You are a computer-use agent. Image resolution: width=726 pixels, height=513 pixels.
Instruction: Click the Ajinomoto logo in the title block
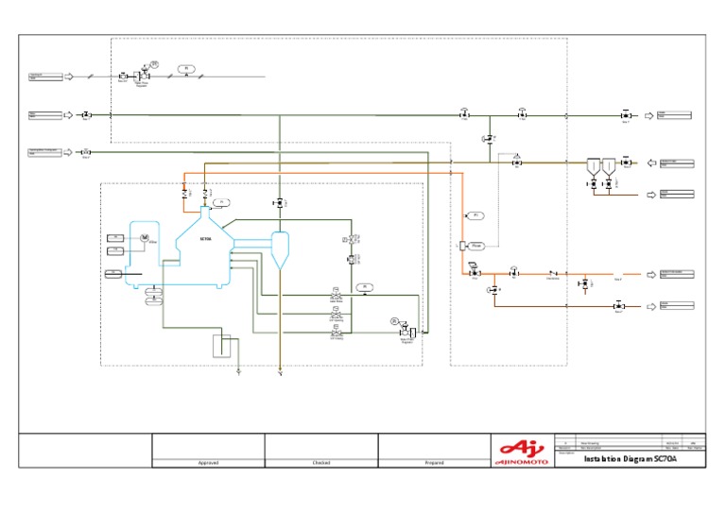point(522,450)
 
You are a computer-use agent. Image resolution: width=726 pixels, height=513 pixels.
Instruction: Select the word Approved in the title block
point(208,463)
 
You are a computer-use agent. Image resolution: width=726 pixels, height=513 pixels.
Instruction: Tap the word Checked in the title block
point(320,463)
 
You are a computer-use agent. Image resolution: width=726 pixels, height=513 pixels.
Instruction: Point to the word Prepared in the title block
point(434,463)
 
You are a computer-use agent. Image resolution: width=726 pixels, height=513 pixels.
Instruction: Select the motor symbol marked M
point(145,237)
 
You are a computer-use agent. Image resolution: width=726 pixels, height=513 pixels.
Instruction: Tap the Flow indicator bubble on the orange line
point(477,246)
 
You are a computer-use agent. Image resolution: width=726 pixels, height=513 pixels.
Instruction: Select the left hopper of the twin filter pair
point(592,166)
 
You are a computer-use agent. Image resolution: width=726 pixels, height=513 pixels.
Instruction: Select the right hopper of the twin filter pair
point(609,166)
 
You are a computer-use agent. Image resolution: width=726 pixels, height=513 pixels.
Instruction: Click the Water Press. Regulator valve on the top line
point(143,76)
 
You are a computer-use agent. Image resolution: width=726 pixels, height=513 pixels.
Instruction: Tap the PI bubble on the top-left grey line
point(186,69)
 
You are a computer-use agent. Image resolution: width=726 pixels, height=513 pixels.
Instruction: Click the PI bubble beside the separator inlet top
point(220,202)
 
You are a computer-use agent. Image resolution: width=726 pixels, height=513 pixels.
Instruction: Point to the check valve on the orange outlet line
point(552,273)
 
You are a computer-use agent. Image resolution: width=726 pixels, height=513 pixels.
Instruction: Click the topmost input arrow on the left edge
point(68,76)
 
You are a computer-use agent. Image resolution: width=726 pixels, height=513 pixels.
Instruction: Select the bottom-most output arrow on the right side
point(649,306)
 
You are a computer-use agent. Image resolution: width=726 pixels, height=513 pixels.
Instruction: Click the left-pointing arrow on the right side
point(649,163)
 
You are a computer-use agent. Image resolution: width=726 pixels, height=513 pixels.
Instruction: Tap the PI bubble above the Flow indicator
point(476,215)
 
